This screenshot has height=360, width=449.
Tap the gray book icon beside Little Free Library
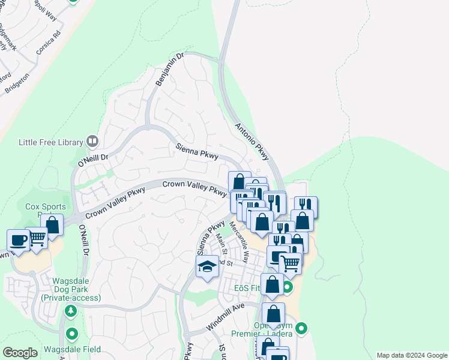[92, 142]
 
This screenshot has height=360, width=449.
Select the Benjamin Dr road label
[169, 69]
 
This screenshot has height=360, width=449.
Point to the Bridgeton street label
[17, 83]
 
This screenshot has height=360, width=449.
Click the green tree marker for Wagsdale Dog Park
[71, 311]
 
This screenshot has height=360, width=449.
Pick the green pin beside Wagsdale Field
[72, 334]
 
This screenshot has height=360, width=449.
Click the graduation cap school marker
[206, 266]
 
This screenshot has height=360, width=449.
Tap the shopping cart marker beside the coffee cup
[37, 238]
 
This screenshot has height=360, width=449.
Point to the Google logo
[20, 352]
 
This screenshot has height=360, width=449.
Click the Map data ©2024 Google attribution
[411, 355]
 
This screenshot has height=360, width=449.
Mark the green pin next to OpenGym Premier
[301, 328]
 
